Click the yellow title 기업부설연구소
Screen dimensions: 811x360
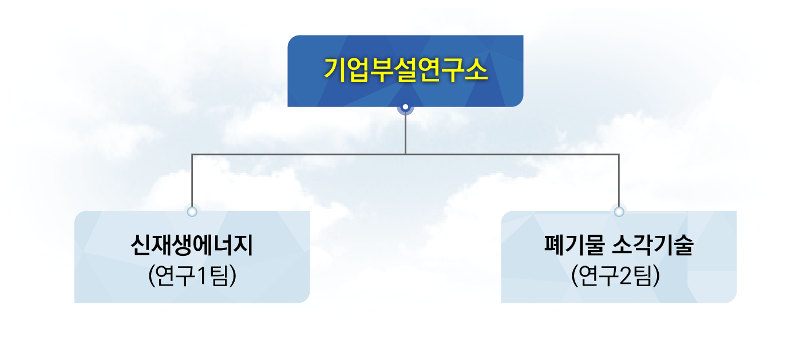tap(405, 70)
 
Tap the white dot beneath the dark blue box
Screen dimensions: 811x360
tap(405, 107)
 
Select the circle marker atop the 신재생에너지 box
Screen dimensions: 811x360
tap(192, 212)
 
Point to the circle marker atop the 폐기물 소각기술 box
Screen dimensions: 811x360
tap(619, 212)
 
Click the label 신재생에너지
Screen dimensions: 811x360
tap(192, 245)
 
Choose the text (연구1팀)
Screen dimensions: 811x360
tap(192, 276)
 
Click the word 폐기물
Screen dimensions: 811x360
tap(575, 245)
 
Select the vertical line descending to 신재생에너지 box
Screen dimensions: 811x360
tap(192, 181)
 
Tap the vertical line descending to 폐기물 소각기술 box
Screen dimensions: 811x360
tap(619, 181)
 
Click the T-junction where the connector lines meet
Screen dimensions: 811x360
tap(405, 155)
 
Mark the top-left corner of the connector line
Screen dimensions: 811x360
tap(192, 155)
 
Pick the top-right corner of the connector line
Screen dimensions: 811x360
tap(619, 155)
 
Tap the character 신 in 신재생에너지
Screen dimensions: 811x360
tap(141, 245)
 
